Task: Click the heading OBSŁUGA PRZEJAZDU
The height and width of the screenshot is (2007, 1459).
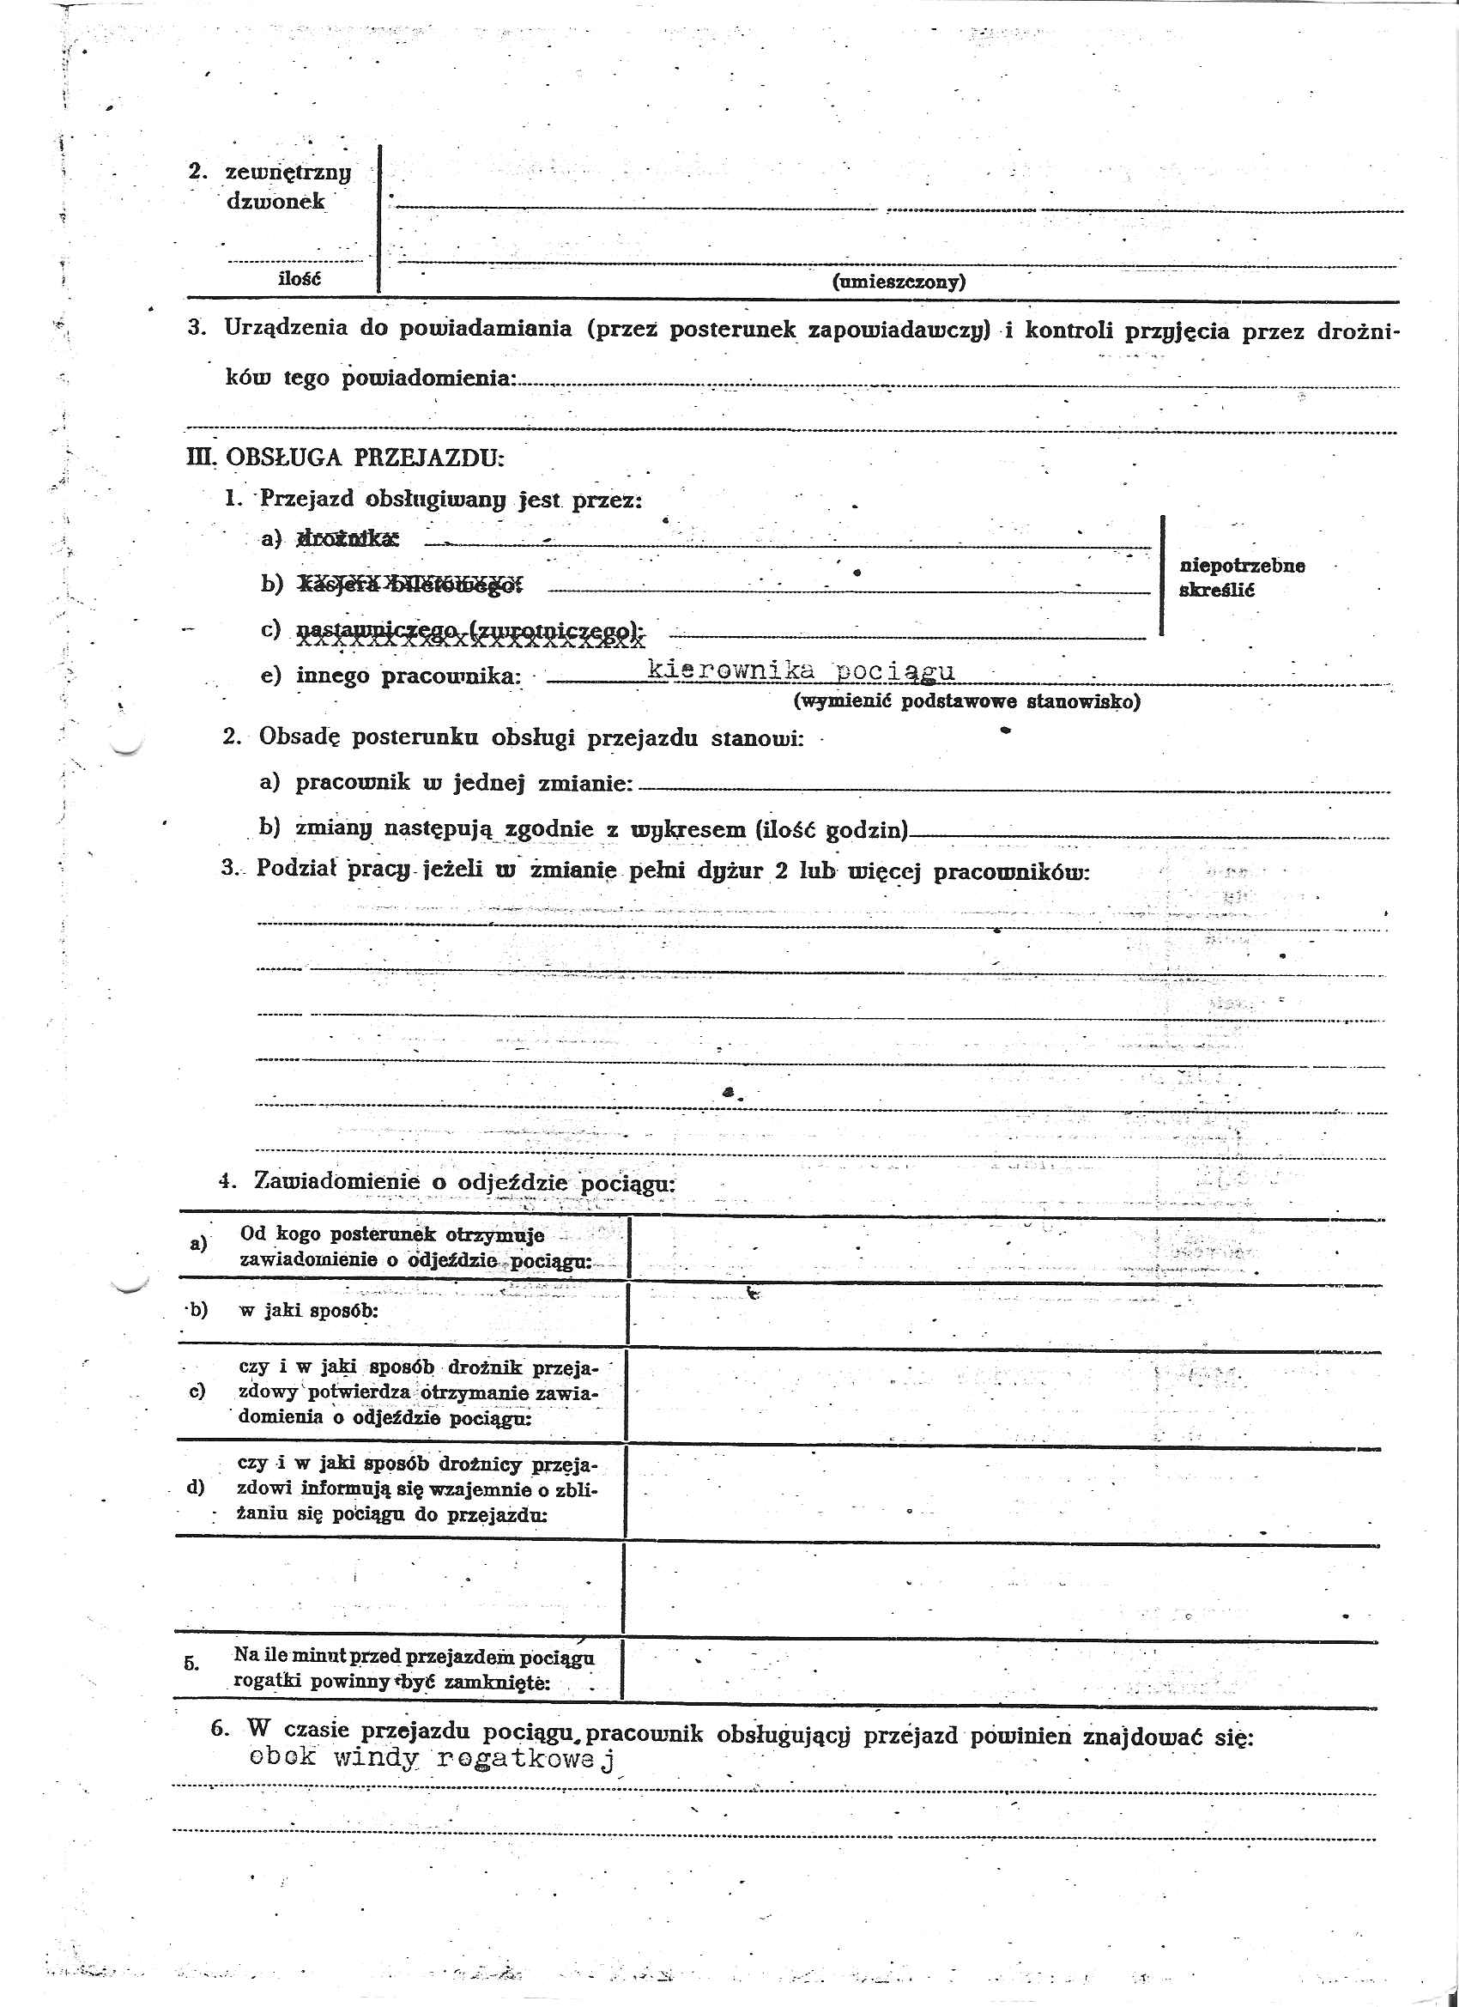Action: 365,458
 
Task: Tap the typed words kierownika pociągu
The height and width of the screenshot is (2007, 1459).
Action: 801,670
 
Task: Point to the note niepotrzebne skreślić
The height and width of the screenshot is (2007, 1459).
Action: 1241,577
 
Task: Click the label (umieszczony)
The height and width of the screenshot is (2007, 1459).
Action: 898,282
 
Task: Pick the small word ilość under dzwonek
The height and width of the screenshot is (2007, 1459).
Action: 299,279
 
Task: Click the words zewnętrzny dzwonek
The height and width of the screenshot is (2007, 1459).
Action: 288,185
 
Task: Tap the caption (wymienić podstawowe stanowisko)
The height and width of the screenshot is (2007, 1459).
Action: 967,701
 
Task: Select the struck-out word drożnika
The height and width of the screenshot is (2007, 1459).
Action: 348,537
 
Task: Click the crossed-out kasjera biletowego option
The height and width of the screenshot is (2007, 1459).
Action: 410,584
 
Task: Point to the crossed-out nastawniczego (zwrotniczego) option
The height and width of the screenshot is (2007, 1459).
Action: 469,631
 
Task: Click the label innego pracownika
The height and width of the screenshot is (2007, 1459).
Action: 408,676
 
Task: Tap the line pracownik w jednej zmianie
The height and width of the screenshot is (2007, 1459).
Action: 463,783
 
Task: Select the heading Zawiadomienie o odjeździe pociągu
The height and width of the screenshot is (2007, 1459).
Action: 463,1181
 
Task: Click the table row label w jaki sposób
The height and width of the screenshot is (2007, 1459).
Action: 308,1310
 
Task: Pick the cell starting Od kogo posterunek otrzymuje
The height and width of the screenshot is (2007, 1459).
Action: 414,1246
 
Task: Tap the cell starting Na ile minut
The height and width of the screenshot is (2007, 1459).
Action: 412,1667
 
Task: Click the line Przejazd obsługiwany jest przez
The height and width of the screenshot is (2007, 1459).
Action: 451,499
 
